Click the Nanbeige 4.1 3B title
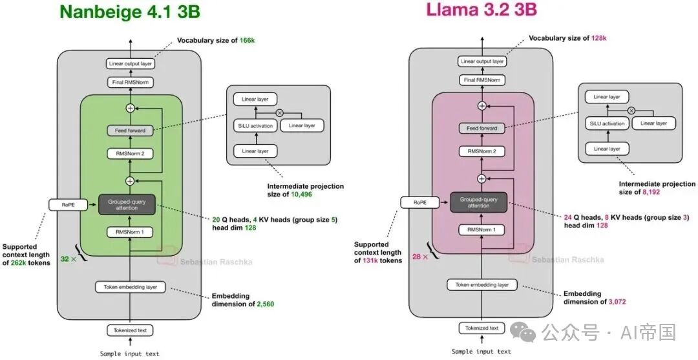129,12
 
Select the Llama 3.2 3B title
481,9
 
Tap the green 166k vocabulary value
247,41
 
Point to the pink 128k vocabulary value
598,38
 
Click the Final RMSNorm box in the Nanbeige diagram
131,82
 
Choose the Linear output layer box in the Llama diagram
482,61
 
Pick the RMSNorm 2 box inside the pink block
482,151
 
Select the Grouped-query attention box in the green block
127,205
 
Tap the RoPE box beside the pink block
420,202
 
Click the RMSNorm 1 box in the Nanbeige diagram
131,232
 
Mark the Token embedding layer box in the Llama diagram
482,285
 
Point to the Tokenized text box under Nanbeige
131,331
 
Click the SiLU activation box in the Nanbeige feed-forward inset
255,126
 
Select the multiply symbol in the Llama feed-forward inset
631,111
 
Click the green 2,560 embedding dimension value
266,304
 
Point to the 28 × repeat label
420,257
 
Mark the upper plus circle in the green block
131,108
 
